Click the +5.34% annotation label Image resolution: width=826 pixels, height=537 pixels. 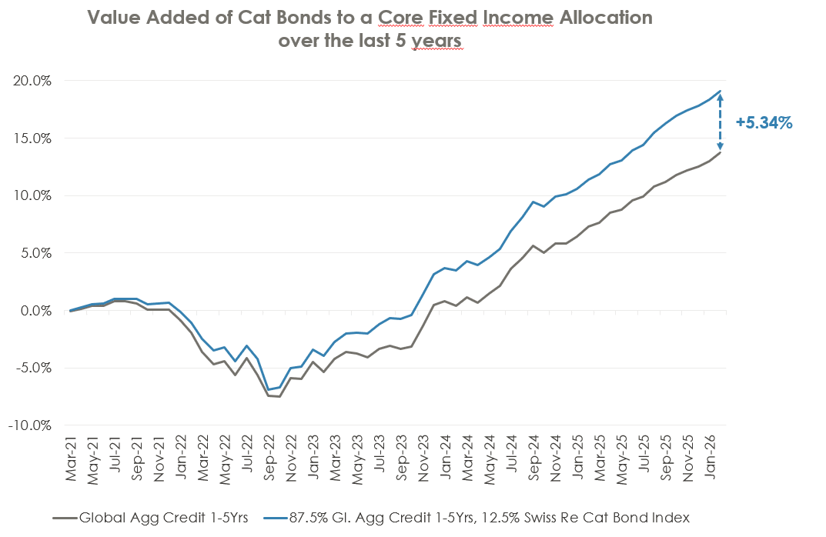click(764, 122)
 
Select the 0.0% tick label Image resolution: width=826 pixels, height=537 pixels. click(36, 311)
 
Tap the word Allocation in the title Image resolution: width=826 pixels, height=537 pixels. click(601, 18)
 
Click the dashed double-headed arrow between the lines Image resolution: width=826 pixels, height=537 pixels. click(721, 122)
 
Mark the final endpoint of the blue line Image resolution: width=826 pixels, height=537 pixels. click(721, 91)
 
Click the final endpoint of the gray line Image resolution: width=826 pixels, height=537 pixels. click(721, 152)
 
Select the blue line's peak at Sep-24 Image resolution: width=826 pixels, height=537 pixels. click(533, 202)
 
